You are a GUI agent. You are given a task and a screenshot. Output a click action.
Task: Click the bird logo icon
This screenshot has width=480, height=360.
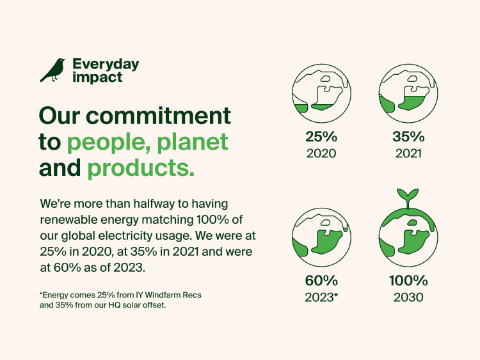52,70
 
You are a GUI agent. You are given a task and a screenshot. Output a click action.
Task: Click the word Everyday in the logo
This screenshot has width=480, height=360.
106,65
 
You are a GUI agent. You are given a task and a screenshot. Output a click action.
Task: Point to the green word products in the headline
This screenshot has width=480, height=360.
140,168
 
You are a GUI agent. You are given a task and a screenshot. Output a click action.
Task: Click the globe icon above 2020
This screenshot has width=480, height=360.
321,91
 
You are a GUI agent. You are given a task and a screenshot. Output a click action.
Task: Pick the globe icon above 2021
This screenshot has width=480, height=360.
408,91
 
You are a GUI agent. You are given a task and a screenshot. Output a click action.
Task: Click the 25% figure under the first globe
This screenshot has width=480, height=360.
321,136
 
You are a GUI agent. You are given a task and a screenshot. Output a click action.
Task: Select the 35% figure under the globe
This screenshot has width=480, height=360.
408,136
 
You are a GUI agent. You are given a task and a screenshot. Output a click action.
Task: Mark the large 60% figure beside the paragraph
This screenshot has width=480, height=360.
321,280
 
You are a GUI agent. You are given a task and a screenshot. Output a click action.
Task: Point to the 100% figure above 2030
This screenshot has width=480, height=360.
408,280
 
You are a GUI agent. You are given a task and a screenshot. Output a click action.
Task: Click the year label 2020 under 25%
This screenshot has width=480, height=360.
321,153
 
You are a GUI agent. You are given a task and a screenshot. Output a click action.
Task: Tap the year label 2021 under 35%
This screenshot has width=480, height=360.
408,153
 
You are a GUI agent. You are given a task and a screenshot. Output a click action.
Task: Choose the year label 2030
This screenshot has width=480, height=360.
408,297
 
